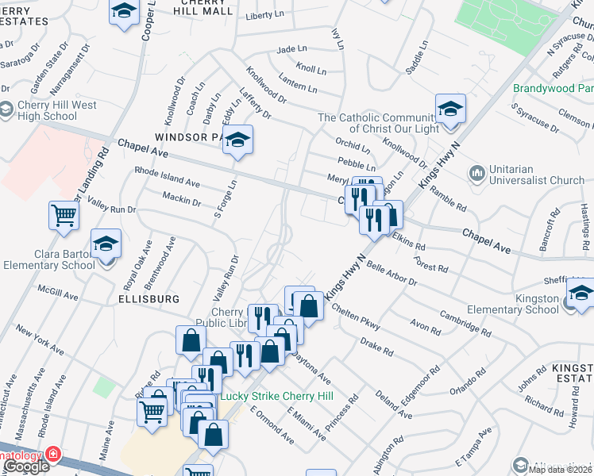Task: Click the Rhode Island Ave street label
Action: pyautogui.click(x=167, y=176)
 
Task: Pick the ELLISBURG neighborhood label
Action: pyautogui.click(x=145, y=299)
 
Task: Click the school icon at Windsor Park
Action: pyautogui.click(x=237, y=141)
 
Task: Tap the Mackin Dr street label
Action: pyautogui.click(x=180, y=198)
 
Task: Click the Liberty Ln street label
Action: pyautogui.click(x=265, y=15)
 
